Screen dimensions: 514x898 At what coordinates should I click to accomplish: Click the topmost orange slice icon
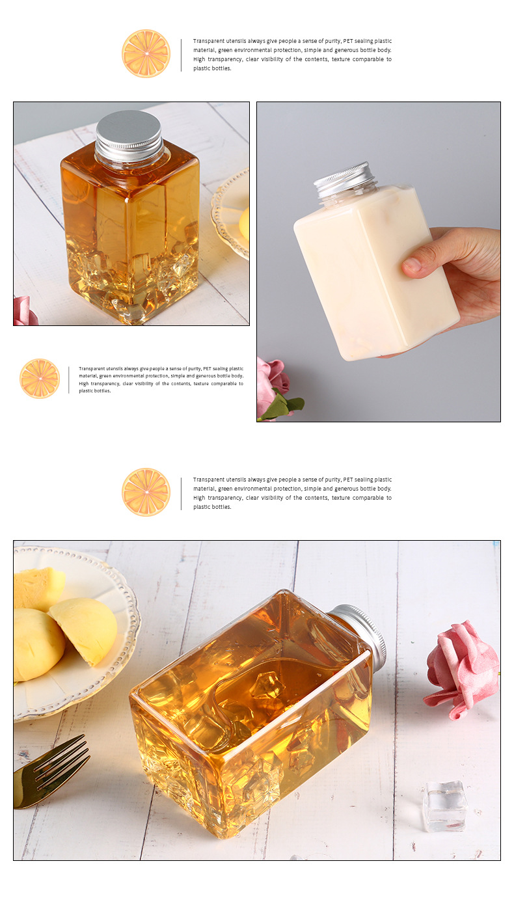(x=146, y=53)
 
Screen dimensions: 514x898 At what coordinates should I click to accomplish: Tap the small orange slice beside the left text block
(x=40, y=379)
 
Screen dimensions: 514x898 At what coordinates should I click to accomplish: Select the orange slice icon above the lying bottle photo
(x=146, y=492)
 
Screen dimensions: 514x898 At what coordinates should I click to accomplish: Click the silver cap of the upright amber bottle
(x=129, y=135)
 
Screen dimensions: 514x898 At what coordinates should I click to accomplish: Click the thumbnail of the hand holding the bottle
(x=379, y=262)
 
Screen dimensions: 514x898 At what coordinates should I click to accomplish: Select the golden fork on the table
(x=50, y=772)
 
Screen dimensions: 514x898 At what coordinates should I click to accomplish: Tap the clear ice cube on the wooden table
(x=445, y=806)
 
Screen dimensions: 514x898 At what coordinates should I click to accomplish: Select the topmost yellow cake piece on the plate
(x=39, y=588)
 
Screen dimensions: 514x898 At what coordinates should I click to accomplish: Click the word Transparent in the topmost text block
(x=208, y=41)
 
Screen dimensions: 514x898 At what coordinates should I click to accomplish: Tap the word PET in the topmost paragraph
(x=348, y=41)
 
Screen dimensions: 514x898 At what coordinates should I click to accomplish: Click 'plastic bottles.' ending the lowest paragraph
(x=212, y=507)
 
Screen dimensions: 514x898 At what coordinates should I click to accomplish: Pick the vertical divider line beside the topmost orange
(x=182, y=55)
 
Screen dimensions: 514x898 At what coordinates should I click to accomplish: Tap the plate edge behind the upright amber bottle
(x=230, y=215)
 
